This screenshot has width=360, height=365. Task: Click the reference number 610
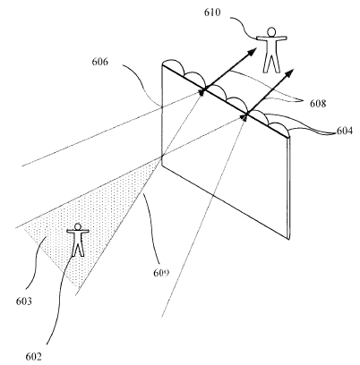pos(212,13)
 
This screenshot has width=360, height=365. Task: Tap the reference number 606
pos(100,62)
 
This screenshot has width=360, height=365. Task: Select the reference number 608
pos(318,104)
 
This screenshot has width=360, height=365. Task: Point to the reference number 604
pos(345,131)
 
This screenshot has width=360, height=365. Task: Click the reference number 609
pos(161,273)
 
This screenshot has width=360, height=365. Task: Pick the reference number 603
pos(24,301)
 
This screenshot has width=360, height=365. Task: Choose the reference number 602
pos(33,356)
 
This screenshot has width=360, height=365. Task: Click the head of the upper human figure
pos(271,31)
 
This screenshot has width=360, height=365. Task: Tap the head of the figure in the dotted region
pos(78,226)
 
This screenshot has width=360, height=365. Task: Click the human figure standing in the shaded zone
pos(78,240)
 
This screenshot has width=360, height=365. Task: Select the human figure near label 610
pos(271,50)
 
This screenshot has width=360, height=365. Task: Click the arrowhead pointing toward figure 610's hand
pos(252,52)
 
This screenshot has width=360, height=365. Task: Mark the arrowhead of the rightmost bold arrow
pos(289,73)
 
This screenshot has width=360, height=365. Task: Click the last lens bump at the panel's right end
pos(279,125)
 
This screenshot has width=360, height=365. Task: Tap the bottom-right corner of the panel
pos(289,240)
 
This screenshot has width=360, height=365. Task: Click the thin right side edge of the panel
pos(289,188)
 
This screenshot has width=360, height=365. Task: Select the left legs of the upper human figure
pos(267,63)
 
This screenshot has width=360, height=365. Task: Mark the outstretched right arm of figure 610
pos(281,38)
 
